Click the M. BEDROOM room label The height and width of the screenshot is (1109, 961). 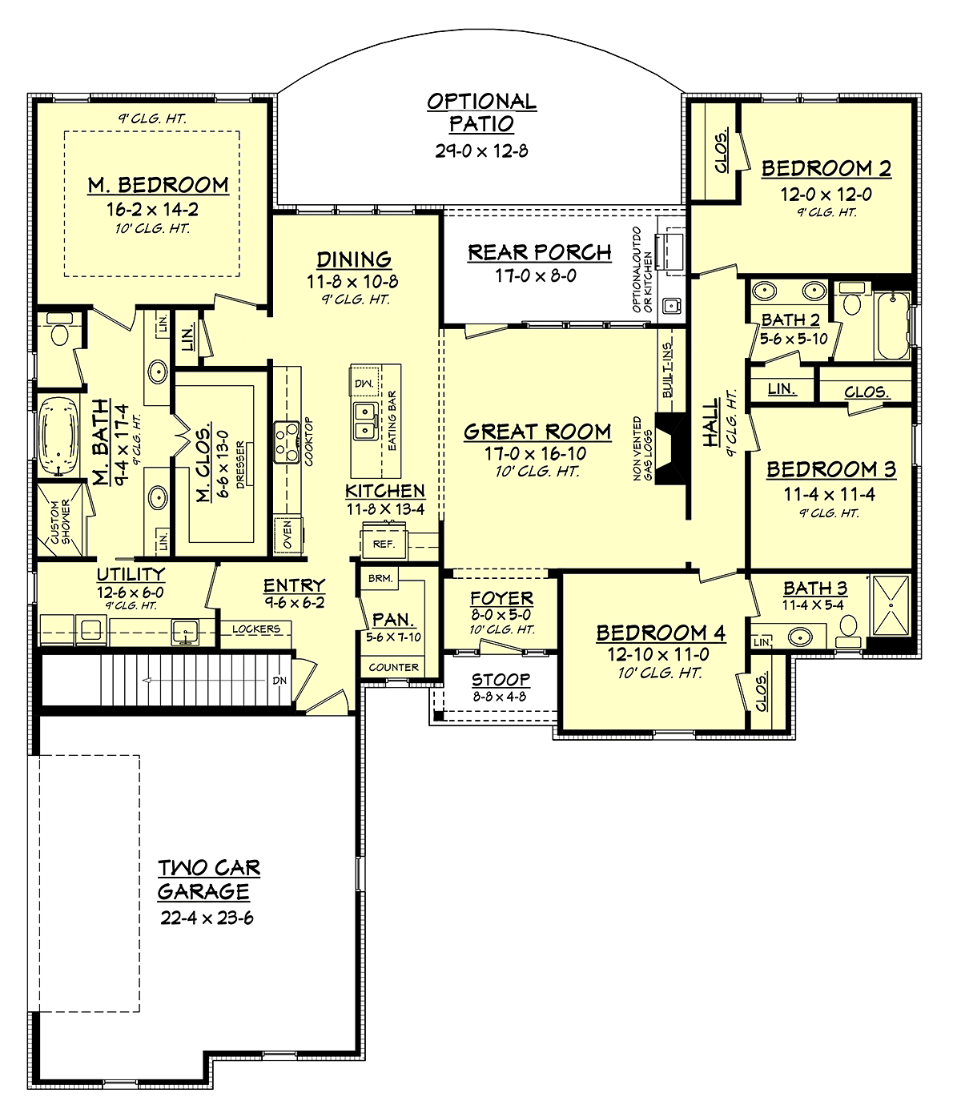click(158, 185)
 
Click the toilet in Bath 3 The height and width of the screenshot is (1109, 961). click(848, 629)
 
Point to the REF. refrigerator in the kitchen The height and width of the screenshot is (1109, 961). click(384, 544)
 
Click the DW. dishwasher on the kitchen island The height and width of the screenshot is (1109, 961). click(364, 384)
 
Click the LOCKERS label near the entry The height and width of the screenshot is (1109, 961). click(255, 629)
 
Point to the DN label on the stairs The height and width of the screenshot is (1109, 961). click(279, 681)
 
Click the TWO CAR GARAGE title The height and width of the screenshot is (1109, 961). click(208, 879)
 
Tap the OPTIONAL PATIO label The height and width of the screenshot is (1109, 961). click(481, 112)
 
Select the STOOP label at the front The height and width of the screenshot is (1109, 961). click(501, 680)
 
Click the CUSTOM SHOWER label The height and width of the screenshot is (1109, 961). click(61, 521)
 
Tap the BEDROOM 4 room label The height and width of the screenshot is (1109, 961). click(661, 633)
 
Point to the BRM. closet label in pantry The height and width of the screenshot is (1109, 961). click(380, 578)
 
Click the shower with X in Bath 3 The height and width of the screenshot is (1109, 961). click(891, 606)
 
